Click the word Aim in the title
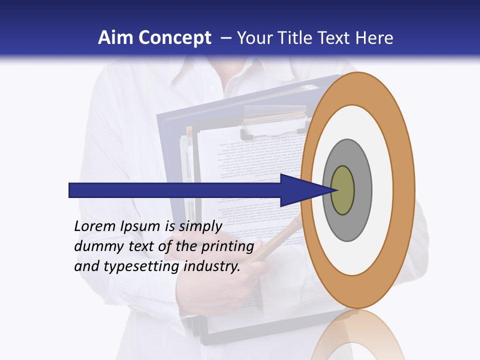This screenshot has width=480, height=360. (116, 38)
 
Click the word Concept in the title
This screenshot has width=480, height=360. (175, 38)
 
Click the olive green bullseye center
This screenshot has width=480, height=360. (342, 190)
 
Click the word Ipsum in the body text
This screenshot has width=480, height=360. (140, 227)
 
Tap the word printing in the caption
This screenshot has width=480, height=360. (227, 247)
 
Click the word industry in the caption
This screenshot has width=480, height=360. (212, 266)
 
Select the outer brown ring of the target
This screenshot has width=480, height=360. (403, 190)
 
